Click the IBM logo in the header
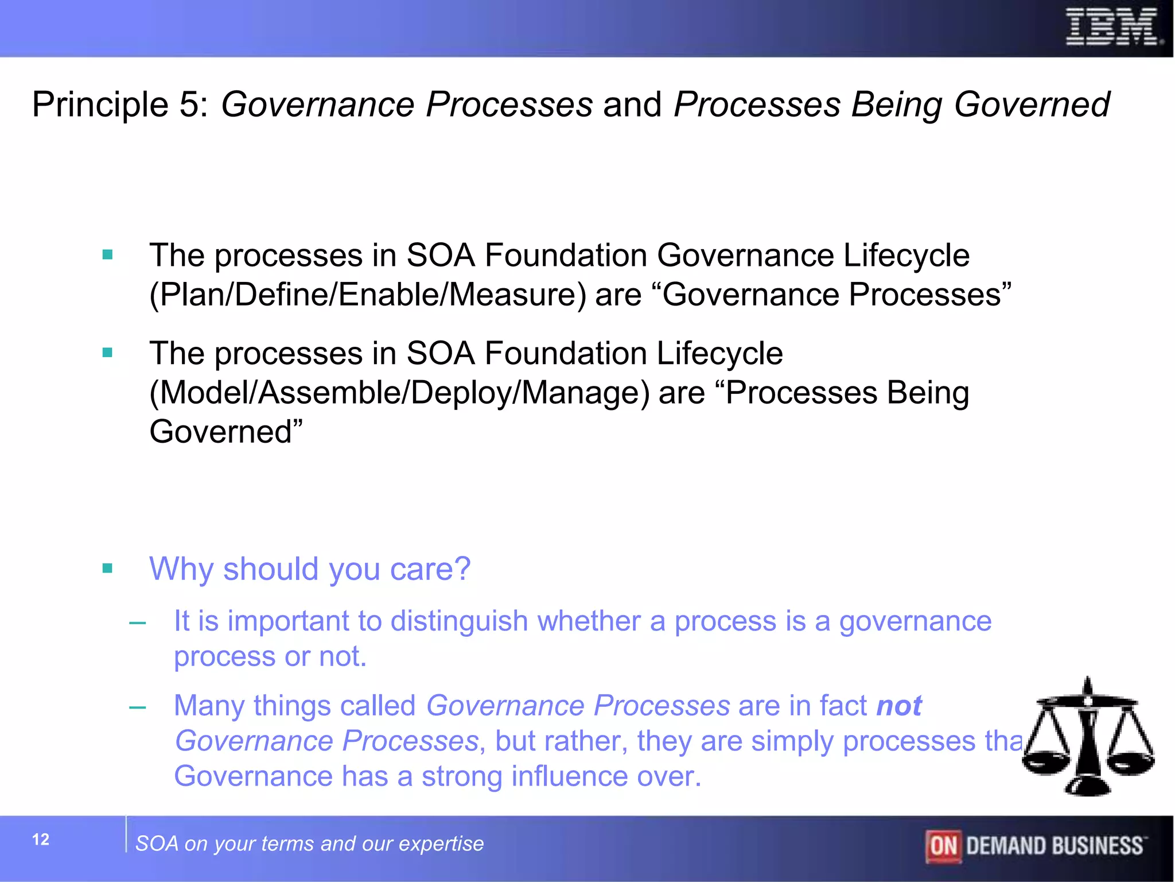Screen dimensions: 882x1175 coord(1112,27)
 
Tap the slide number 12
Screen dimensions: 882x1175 coord(41,840)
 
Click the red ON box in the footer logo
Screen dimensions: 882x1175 coord(943,846)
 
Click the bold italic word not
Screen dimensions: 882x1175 coord(898,706)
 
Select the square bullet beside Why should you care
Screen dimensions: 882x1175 coord(107,568)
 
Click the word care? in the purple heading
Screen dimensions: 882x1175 coord(430,569)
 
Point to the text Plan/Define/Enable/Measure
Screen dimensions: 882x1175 coord(367,295)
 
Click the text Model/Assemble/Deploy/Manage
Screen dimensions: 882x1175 coord(399,393)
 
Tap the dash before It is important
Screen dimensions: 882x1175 coord(138,622)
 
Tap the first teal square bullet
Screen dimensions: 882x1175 coord(107,254)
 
